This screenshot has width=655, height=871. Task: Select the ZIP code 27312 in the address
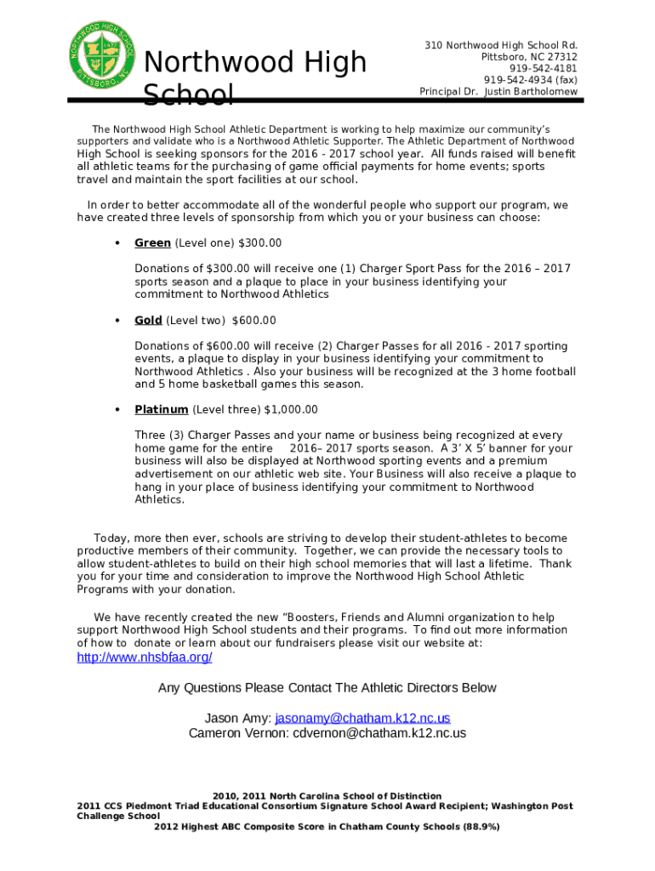coord(560,56)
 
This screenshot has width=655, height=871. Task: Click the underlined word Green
coord(152,243)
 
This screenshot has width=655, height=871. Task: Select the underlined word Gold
coord(148,321)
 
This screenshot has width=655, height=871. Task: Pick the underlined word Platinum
coord(162,410)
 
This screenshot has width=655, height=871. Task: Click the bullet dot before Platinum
coord(116,410)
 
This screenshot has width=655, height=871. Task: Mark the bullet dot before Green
coord(116,243)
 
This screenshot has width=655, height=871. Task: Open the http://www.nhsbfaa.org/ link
coord(145,658)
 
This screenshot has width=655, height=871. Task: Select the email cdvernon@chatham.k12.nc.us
coord(379,733)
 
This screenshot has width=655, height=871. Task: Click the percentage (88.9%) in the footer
coord(481,827)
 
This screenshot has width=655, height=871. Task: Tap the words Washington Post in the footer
coord(533,806)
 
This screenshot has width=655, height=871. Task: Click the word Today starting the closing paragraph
coord(111,538)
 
